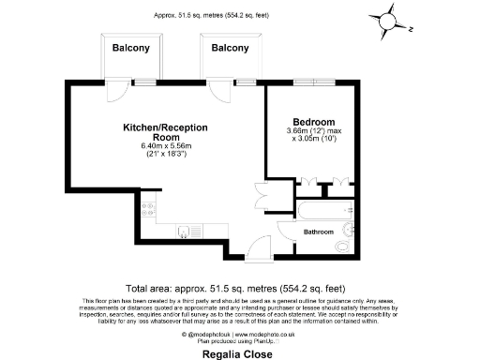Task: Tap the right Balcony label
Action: click(x=230, y=48)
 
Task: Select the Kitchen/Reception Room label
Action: click(x=165, y=131)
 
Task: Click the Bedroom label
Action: click(x=314, y=123)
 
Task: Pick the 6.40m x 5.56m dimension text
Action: click(x=165, y=146)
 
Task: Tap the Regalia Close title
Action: click(x=240, y=355)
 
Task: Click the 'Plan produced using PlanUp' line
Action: click(x=240, y=340)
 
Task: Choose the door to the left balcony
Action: click(x=116, y=92)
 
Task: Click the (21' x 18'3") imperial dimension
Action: click(x=165, y=155)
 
